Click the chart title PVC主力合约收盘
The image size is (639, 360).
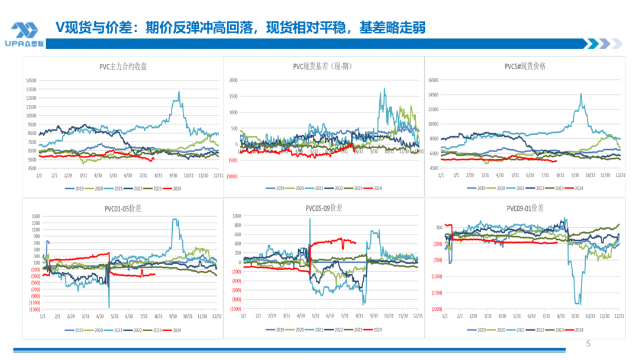pos(123,66)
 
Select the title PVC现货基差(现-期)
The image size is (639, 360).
pos(322,66)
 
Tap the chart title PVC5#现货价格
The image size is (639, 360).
pos(525,66)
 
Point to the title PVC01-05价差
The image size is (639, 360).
pos(123,208)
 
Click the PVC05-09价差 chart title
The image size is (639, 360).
pos(324,208)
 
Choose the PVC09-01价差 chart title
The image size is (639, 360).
pos(525,208)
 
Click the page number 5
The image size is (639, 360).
pos(588,343)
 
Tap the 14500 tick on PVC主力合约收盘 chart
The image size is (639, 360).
pos(30,81)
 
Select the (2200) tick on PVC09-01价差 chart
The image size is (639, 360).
pos(437,309)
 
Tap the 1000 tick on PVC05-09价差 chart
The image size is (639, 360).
pos(237,216)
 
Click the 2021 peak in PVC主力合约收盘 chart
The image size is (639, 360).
pos(179,92)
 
